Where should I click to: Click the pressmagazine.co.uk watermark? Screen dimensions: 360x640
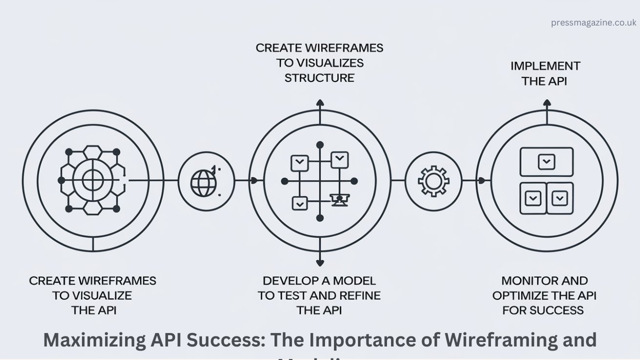(593, 22)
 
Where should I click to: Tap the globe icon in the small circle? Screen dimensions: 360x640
(203, 183)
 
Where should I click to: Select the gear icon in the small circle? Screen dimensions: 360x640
(433, 181)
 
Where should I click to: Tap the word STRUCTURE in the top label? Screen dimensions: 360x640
(319, 78)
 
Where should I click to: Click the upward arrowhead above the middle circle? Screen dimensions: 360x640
(320, 103)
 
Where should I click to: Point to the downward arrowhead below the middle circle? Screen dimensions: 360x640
(320, 262)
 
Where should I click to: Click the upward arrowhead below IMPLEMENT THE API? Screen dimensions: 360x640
(547, 103)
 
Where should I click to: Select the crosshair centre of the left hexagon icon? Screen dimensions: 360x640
(92, 180)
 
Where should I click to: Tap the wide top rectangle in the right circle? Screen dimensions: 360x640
(546, 161)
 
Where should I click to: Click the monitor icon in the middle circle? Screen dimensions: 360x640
(339, 200)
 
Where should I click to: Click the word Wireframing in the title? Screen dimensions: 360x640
(502, 340)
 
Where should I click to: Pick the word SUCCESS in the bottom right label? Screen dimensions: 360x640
(556, 310)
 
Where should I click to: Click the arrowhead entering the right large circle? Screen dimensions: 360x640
(482, 180)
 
